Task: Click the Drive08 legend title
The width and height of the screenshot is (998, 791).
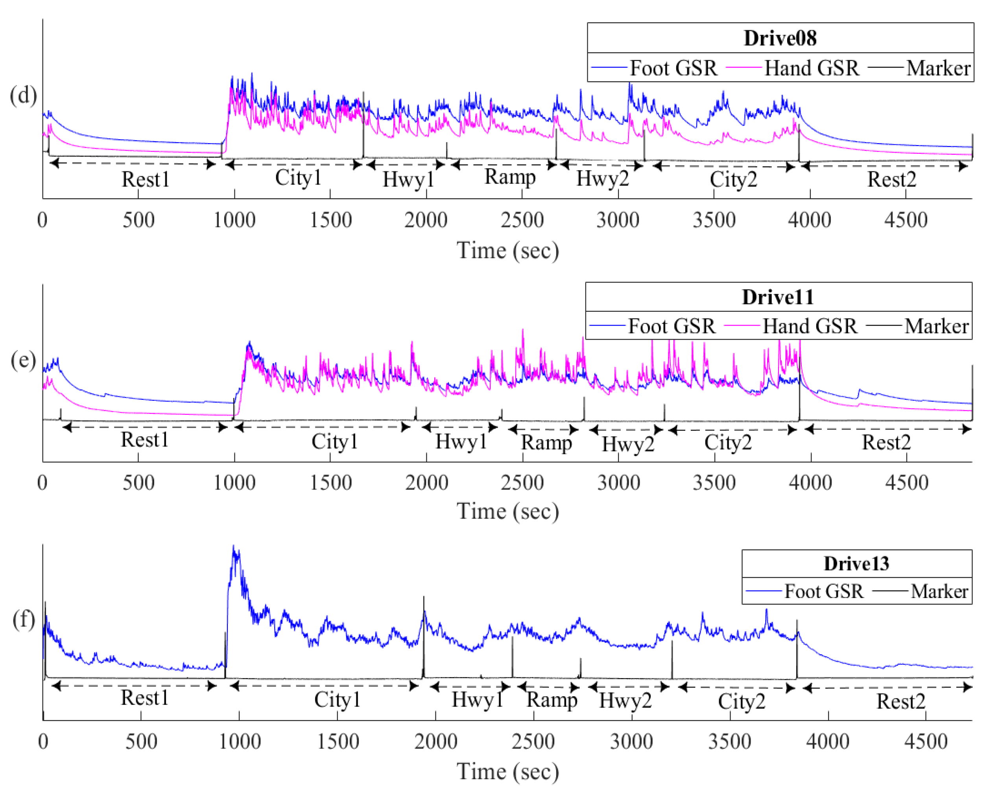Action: click(780, 38)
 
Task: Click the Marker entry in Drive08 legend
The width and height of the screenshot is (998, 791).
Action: click(938, 68)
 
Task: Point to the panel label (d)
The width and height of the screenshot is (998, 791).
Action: click(23, 95)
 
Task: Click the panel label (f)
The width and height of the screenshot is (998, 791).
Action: click(24, 619)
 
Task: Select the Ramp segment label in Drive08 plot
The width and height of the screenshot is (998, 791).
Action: click(510, 177)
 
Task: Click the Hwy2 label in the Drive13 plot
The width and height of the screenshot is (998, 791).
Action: click(625, 700)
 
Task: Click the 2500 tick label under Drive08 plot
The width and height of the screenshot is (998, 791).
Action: click(522, 220)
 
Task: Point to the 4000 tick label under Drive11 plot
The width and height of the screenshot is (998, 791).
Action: click(810, 483)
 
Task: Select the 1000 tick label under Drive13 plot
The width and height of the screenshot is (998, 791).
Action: click(239, 742)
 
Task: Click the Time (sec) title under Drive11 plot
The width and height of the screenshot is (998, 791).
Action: click(508, 511)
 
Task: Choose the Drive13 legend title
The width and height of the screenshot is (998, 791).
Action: click(856, 563)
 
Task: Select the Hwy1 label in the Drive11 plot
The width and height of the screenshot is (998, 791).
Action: click(461, 442)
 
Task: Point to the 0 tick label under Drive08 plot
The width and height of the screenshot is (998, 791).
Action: click(42, 220)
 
